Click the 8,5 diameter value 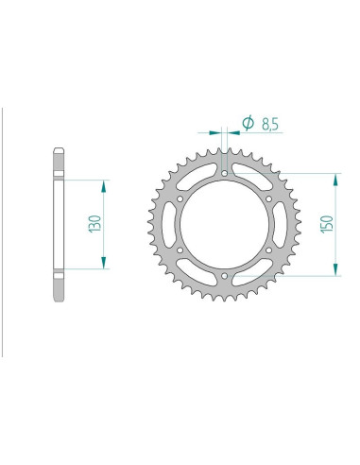(x=267, y=123)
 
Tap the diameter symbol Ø (x=248, y=123)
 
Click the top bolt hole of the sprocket (x=224, y=173)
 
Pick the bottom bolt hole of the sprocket (x=224, y=277)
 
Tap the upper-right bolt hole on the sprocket (x=269, y=199)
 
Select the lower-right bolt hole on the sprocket (x=269, y=251)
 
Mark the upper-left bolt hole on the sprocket (x=180, y=199)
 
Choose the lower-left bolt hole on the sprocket (x=180, y=251)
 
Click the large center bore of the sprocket (x=224, y=225)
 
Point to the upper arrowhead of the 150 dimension (x=334, y=179)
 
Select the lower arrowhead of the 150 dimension (x=334, y=273)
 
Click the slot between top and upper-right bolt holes (x=251, y=179)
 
